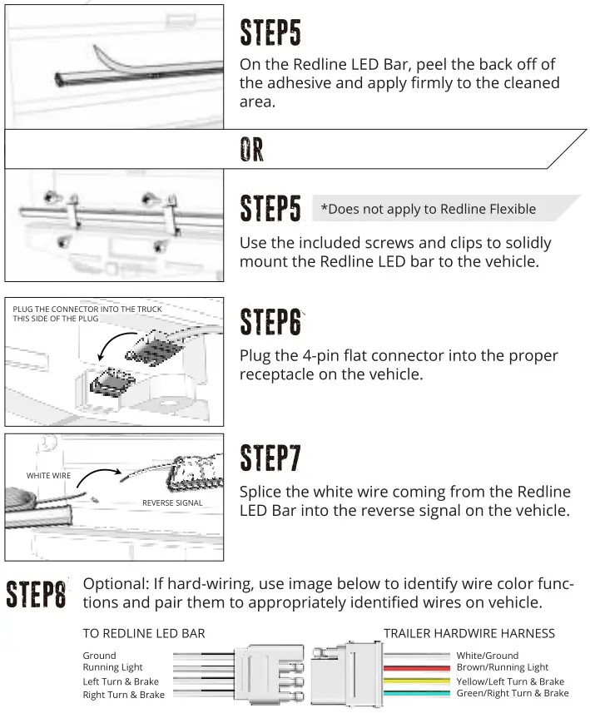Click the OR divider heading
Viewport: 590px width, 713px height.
252,150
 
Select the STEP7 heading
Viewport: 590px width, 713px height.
270,458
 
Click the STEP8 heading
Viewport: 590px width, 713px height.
37,595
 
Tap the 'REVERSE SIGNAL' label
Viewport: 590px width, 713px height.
172,503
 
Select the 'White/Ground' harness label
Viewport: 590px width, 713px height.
487,656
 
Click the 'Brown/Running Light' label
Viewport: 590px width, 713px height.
502,667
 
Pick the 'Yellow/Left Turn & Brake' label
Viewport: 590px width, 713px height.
510,681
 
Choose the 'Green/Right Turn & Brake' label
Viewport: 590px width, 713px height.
512,693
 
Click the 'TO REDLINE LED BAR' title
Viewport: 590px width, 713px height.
143,633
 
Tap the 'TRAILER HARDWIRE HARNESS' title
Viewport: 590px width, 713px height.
469,633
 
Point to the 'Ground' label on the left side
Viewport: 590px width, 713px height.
99,656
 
